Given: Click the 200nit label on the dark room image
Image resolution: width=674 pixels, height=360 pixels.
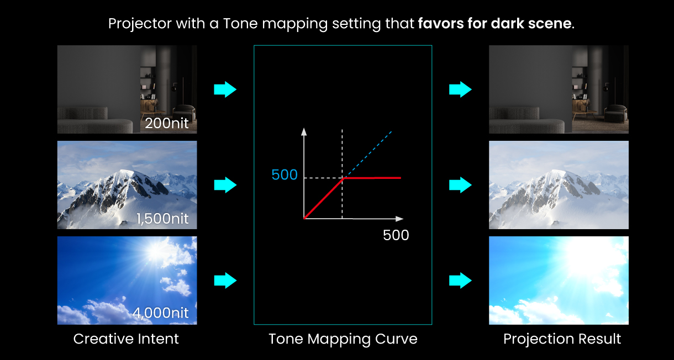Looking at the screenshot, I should point(167,123).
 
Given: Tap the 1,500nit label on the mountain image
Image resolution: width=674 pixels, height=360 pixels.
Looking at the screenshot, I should point(163,219).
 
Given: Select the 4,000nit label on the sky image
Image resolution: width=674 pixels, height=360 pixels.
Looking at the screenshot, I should point(161,313).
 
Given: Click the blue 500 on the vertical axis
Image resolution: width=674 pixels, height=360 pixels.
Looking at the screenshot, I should point(285,175).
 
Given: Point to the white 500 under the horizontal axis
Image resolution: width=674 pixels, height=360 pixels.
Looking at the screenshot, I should point(396,235).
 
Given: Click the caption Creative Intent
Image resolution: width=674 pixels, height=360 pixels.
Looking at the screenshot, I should point(126,339).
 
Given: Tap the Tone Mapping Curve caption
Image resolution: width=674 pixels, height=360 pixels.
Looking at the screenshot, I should point(343,339).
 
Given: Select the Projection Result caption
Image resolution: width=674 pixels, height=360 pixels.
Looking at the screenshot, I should point(562,339).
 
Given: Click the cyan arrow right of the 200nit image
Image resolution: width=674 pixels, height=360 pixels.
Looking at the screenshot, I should point(225,89).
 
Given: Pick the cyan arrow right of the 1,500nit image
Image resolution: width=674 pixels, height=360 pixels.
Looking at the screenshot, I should point(225,185).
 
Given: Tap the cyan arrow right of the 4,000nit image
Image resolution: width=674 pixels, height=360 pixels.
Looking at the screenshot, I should point(225,281).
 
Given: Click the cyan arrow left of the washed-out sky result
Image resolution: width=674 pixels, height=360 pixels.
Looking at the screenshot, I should point(460,281).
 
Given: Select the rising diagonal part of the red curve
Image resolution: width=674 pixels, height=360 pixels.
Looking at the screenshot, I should point(323,198).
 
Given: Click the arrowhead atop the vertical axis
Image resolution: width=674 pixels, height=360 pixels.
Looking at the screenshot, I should point(304,131).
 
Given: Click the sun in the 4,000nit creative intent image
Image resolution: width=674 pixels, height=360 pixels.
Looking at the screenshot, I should point(153,252).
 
